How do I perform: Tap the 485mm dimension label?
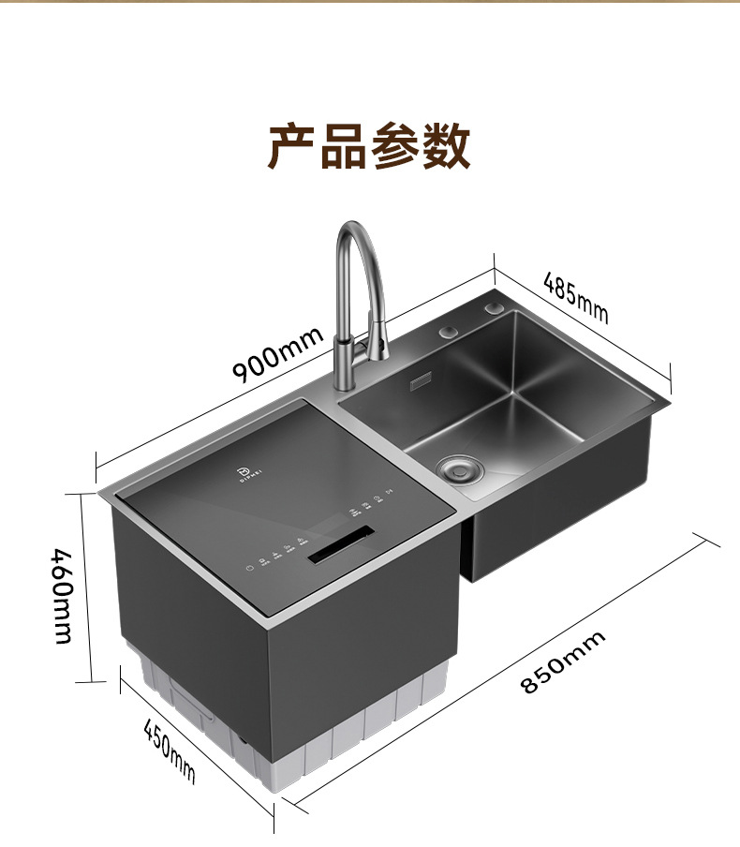575,297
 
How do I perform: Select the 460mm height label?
61,594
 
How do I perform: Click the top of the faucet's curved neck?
355,227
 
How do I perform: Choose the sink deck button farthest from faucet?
494,308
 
